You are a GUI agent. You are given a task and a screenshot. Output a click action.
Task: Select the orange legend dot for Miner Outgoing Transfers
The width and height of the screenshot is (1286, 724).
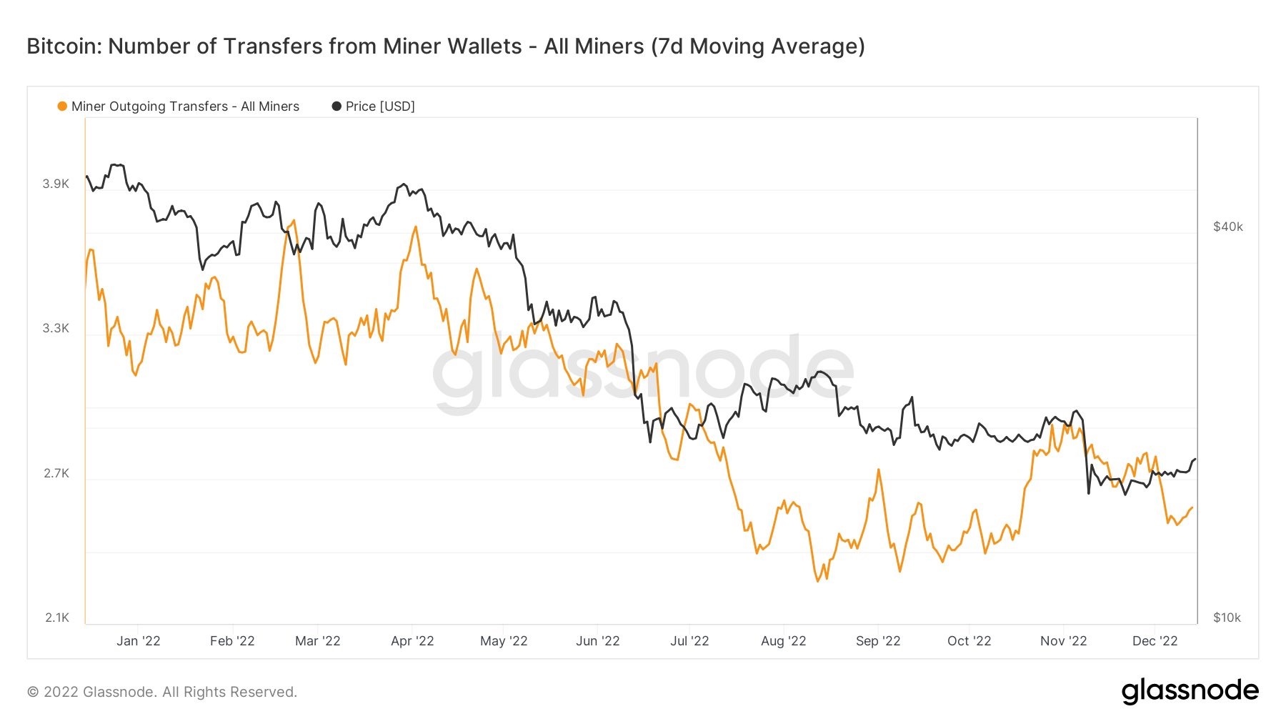coord(62,106)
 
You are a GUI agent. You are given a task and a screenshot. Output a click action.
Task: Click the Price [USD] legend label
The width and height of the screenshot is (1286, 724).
coord(379,106)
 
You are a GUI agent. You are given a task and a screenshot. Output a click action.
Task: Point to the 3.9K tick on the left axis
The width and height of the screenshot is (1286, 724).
coord(56,184)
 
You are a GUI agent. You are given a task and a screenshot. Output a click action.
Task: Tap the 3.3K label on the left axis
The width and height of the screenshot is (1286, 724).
coord(56,328)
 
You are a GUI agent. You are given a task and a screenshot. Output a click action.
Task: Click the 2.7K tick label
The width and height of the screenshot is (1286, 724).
coord(56,473)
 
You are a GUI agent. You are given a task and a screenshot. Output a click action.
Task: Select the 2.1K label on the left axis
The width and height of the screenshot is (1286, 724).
coord(56,618)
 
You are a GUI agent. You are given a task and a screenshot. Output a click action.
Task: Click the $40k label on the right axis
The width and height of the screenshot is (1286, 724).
coord(1227,227)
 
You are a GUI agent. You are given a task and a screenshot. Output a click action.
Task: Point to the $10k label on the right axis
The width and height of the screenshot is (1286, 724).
coord(1227,618)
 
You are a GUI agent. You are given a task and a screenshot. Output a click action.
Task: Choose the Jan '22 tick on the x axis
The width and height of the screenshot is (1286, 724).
coord(139,641)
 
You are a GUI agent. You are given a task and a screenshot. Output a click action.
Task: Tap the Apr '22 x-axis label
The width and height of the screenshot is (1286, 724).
coord(412,641)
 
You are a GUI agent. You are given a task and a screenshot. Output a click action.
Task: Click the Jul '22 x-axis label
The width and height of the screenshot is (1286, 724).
coord(689,641)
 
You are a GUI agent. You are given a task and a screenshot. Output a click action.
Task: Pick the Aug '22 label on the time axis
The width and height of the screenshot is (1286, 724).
coord(783,641)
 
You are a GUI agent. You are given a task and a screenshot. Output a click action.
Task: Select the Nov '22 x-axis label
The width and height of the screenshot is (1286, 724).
coord(1063,641)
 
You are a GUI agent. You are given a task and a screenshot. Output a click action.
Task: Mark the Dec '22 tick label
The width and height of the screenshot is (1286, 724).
coord(1155,641)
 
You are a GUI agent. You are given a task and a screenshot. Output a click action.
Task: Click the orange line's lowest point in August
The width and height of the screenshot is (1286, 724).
coord(818,581)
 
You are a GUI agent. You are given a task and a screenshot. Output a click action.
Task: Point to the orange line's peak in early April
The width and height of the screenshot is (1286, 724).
coord(415,227)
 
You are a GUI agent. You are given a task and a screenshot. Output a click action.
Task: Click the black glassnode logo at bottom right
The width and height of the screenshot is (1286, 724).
coord(1190,691)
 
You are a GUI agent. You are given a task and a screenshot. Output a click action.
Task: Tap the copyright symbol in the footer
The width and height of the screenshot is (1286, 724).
coord(33,692)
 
